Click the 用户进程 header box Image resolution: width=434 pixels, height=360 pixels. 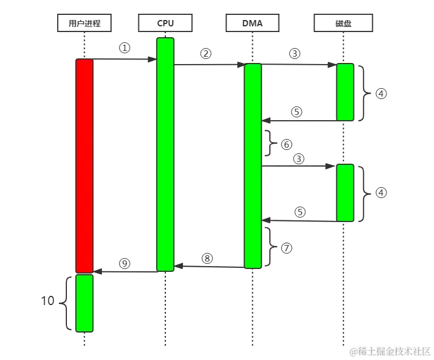click(85, 23)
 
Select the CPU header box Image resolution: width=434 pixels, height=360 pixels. click(165, 23)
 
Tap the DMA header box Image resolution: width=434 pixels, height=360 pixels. click(252, 23)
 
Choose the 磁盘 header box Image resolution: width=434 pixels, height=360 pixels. click(343, 23)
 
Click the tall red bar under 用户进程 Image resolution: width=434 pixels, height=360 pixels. click(85, 166)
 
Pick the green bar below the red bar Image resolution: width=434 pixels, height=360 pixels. click(85, 303)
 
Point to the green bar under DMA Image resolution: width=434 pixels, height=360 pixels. click(253, 166)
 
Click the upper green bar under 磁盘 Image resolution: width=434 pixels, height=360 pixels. click(345, 92)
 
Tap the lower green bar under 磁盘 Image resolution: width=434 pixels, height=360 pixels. click(345, 192)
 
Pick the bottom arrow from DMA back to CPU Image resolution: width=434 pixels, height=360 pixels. click(209, 267)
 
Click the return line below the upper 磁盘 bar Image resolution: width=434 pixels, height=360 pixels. click(300, 121)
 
